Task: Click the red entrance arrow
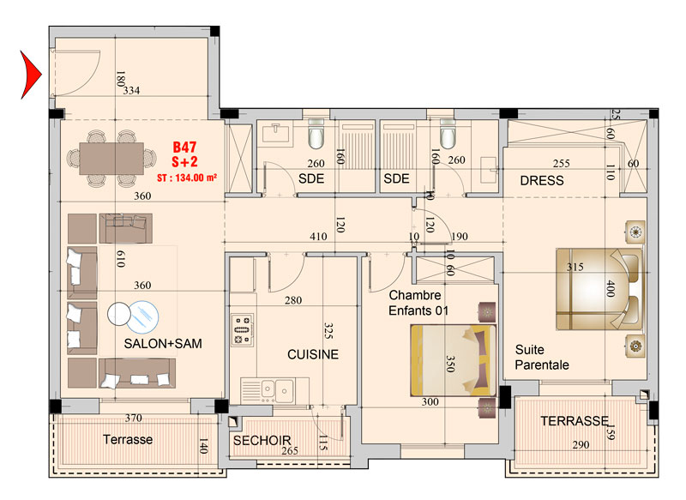(x=29, y=75)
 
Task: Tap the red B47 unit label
(x=184, y=147)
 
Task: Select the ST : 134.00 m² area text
(x=187, y=178)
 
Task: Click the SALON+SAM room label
(x=163, y=343)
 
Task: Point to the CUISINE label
(x=313, y=354)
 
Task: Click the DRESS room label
(x=542, y=180)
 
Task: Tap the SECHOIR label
(x=262, y=440)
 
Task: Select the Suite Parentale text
(x=542, y=357)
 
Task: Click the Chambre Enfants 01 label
(x=418, y=303)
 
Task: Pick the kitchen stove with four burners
(x=243, y=330)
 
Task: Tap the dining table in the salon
(x=111, y=159)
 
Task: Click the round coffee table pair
(x=134, y=316)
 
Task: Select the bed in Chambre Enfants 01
(x=453, y=360)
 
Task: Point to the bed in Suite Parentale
(x=599, y=289)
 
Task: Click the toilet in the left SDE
(x=316, y=134)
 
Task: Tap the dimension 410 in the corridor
(x=318, y=236)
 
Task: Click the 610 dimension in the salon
(x=120, y=259)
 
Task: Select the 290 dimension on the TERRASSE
(x=581, y=445)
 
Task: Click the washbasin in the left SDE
(x=276, y=132)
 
